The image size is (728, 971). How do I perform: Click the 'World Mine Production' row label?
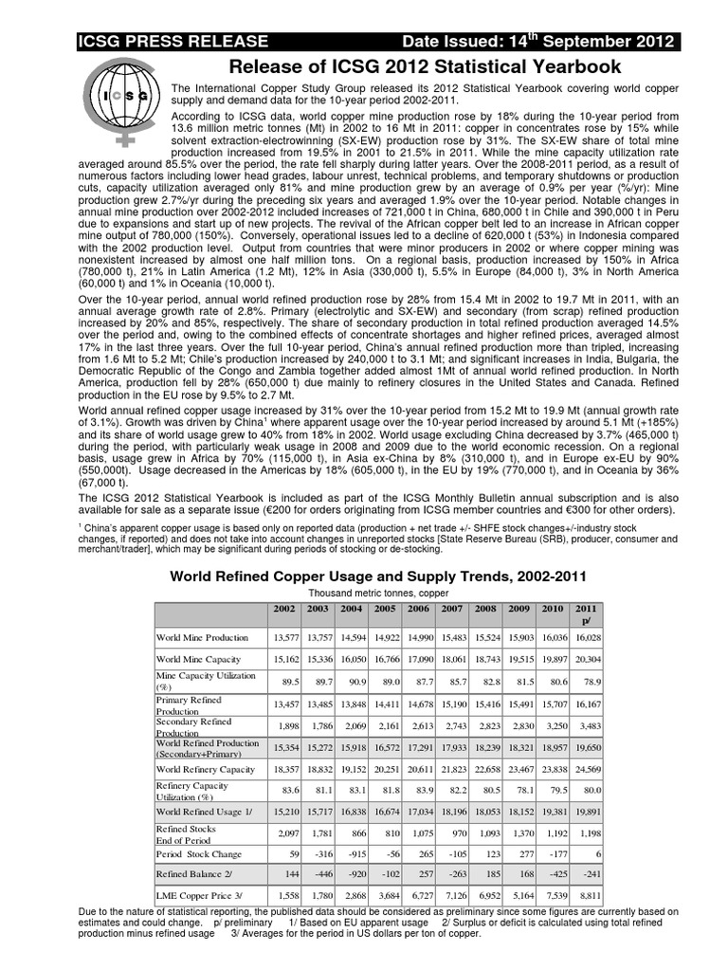[x=203, y=637]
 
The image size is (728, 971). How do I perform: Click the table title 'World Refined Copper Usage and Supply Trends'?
[x=378, y=575]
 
